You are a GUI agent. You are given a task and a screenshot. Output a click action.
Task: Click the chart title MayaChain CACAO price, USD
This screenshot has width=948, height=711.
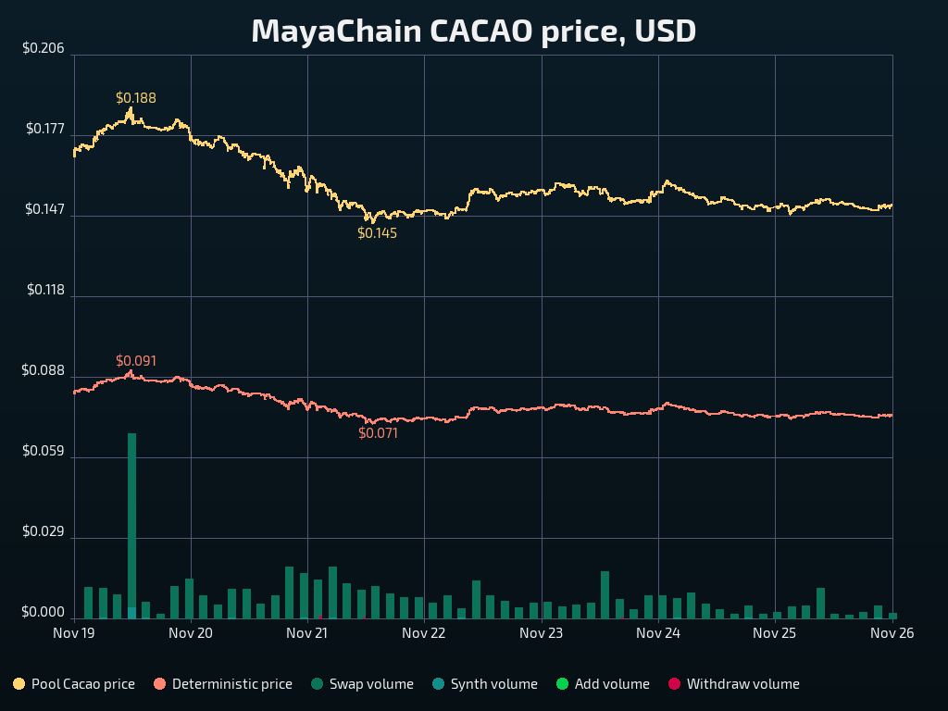pos(473,31)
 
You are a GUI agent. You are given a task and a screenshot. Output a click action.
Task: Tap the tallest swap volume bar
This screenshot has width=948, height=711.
pos(131,524)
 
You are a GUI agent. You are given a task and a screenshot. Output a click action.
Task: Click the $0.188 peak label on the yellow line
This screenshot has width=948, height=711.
pos(136,98)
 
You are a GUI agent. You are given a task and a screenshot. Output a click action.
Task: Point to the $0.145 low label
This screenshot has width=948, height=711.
pos(377,233)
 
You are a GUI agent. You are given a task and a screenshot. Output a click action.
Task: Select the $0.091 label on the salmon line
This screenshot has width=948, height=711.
pos(136,361)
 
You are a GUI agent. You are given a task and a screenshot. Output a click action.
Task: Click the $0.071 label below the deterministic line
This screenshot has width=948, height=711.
pos(378,432)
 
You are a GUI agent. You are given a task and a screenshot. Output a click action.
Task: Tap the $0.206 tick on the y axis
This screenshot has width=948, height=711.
pos(44,48)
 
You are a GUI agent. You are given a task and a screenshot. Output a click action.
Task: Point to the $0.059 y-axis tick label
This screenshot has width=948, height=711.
pos(44,452)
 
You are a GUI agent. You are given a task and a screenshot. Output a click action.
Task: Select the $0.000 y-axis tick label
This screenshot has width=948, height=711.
pos(44,613)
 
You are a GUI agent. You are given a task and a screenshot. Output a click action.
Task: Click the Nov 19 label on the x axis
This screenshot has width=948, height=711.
pos(74,633)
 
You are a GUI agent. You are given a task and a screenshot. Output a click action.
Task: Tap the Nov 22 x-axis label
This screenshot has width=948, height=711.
pos(424,633)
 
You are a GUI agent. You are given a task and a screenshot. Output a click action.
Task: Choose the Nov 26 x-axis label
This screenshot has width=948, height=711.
pos(892,633)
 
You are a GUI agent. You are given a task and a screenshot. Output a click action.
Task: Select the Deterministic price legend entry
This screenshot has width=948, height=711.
pos(223,684)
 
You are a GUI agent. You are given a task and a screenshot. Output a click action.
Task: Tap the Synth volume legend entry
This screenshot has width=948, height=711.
pos(484,684)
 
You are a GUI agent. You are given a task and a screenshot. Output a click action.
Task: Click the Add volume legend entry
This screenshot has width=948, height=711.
pos(603,684)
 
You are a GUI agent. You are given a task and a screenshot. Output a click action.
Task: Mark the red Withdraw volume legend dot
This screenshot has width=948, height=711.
pos(674,684)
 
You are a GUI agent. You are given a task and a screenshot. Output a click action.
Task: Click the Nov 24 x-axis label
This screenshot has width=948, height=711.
pos(658,633)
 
